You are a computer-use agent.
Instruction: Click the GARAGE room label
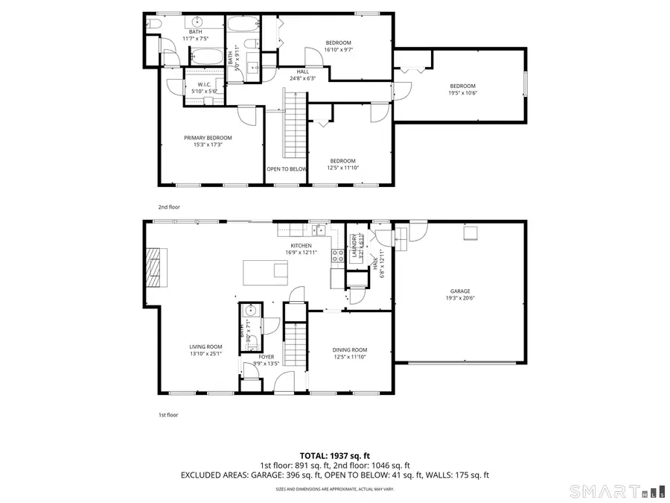pyautogui.click(x=459, y=291)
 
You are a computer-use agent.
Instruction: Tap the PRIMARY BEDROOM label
pyautogui.click(x=208, y=138)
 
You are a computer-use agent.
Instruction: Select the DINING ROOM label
pyautogui.click(x=349, y=350)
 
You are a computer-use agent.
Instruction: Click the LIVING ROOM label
pyautogui.click(x=205, y=347)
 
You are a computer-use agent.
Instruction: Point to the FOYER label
pyautogui.click(x=267, y=357)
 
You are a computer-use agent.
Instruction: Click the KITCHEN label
pyautogui.click(x=301, y=246)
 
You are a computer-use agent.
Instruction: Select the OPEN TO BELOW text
pyautogui.click(x=287, y=169)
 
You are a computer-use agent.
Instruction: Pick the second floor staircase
pyautogui.click(x=296, y=127)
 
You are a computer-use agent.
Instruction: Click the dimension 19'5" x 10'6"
pyautogui.click(x=462, y=93)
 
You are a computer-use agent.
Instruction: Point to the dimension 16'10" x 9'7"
pyautogui.click(x=338, y=50)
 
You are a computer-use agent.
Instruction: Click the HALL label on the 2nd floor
pyautogui.click(x=302, y=72)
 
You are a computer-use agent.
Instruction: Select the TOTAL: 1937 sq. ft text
pyautogui.click(x=334, y=455)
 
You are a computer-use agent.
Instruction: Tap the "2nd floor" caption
pyautogui.click(x=168, y=206)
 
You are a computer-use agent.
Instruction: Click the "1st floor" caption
pyautogui.click(x=167, y=414)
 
